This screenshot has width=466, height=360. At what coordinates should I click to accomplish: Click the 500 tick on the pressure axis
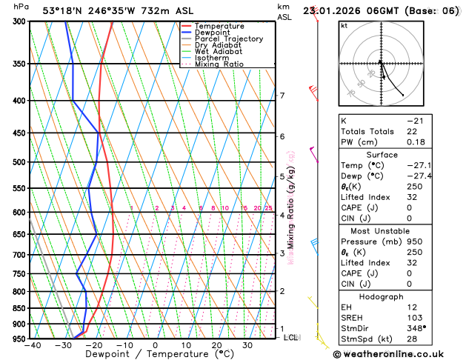pyautogui.click(x=19, y=162)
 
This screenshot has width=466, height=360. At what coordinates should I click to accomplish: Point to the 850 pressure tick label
pyautogui.click(x=19, y=308)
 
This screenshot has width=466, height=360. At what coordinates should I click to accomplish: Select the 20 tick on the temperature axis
pyautogui.click(x=216, y=344)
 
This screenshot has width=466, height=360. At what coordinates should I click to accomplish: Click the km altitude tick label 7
pyautogui.click(x=282, y=96)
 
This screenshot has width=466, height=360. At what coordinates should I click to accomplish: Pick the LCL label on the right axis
pyautogui.click(x=290, y=337)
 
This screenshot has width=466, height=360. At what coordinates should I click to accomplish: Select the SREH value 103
pyautogui.click(x=415, y=318)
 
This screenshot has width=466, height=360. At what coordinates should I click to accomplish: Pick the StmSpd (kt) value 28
pyautogui.click(x=413, y=340)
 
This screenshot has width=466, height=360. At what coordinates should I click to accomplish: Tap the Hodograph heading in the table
pyautogui.click(x=397, y=296)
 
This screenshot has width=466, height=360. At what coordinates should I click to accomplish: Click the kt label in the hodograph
pyautogui.click(x=344, y=25)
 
